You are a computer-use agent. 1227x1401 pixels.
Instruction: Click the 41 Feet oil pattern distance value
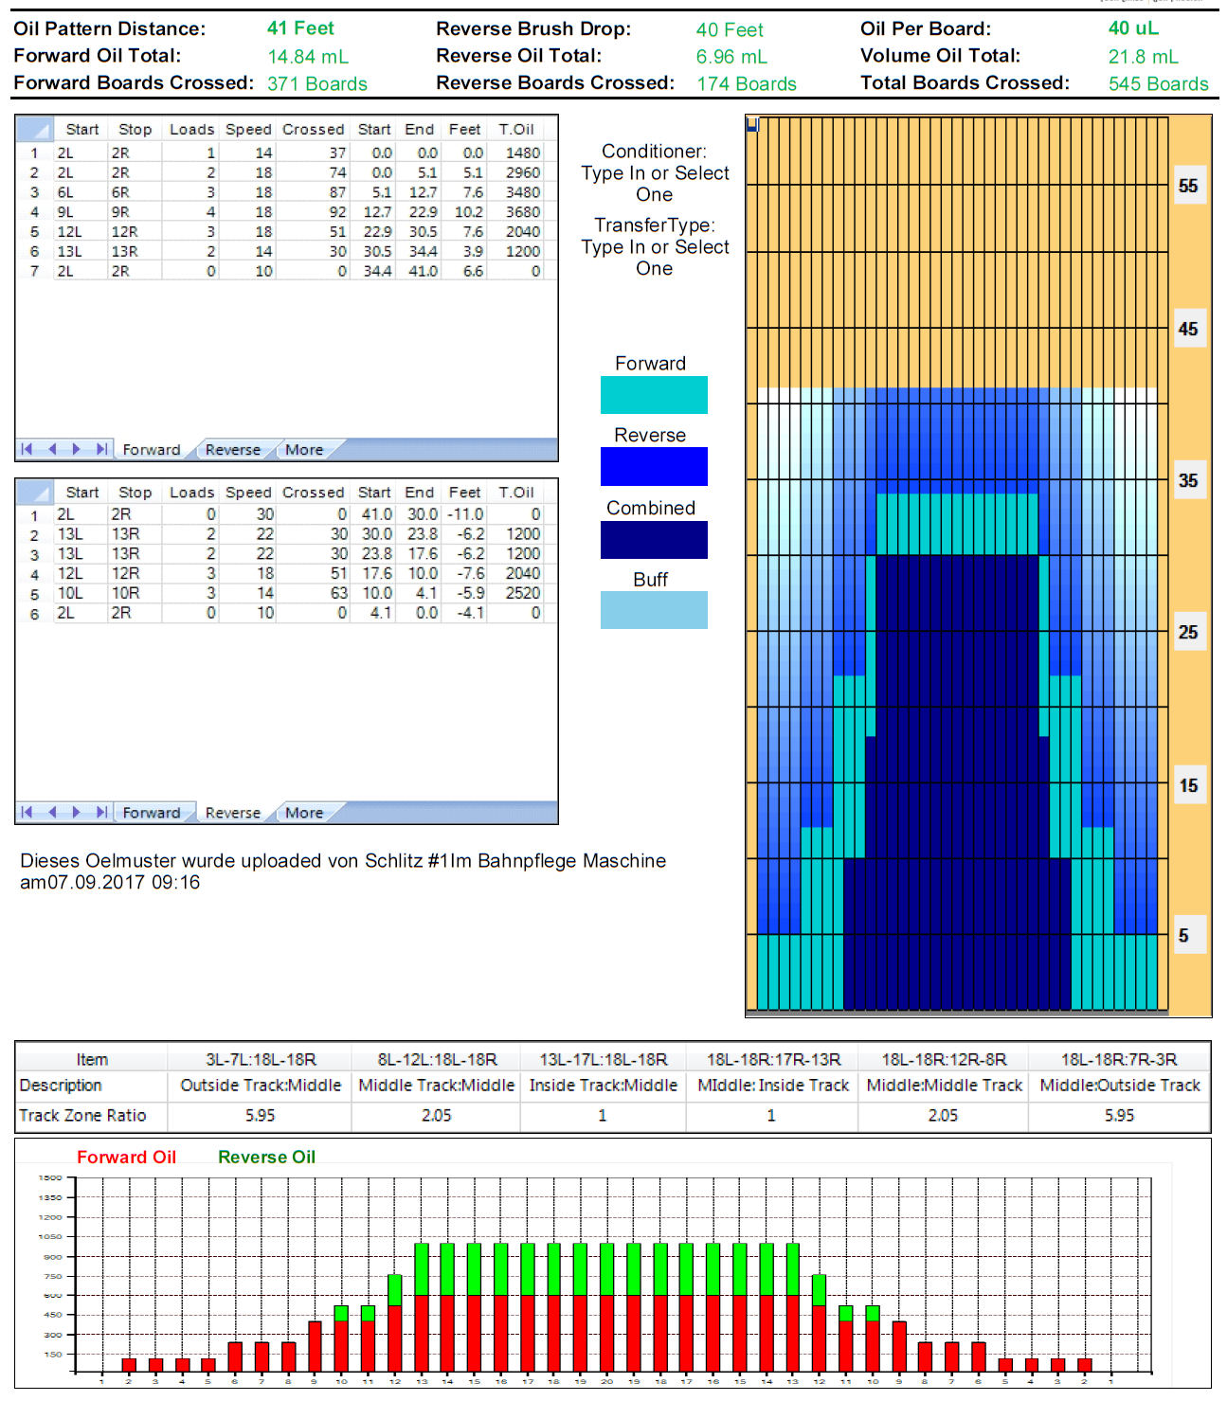[x=299, y=28]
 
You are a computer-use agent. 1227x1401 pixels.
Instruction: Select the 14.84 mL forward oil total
[x=307, y=57]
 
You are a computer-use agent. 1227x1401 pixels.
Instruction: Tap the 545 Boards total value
[x=1158, y=84]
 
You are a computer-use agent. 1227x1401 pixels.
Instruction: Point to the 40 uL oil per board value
[x=1133, y=28]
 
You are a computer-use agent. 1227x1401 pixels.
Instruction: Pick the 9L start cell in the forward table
[x=65, y=212]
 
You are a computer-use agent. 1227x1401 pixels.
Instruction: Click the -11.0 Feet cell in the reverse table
[x=465, y=514]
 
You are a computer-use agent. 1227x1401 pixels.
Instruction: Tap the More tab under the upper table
[x=304, y=450]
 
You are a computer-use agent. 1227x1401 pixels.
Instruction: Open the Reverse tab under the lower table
[x=232, y=813]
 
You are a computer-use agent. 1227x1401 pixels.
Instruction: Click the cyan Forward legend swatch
[x=654, y=395]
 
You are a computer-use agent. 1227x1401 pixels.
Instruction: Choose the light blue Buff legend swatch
[x=654, y=610]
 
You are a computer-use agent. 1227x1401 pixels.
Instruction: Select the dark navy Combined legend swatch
[x=654, y=540]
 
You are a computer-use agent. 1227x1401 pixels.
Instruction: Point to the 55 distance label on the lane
[x=1188, y=186]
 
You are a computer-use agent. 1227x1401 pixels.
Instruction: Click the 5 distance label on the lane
[x=1183, y=936]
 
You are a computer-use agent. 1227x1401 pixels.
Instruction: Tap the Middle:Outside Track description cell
[x=1119, y=1086]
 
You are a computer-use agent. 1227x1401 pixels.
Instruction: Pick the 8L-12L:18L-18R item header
[x=437, y=1059]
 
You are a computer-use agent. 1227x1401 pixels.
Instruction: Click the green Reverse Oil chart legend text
[x=266, y=1157]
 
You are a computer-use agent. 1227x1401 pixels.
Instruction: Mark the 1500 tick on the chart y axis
[x=50, y=1177]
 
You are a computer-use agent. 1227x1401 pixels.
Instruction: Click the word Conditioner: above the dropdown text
[x=654, y=152]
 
